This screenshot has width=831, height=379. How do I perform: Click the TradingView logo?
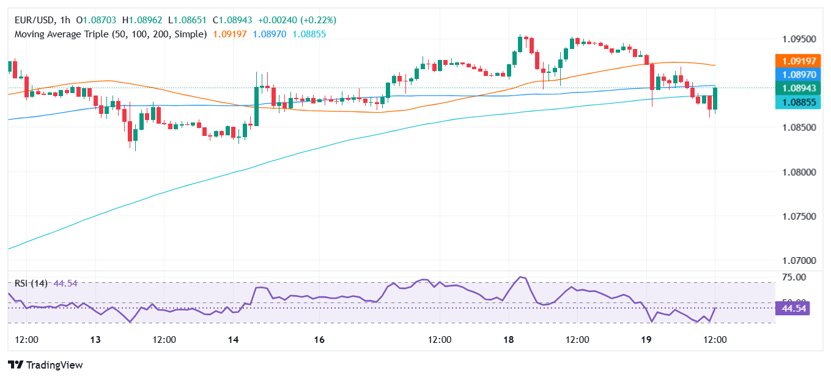coord(45,365)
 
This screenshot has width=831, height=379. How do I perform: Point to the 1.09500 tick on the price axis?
coord(798,39)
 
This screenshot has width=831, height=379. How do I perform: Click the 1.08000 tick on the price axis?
coord(798,172)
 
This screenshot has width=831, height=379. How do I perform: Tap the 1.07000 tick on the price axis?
coord(798,261)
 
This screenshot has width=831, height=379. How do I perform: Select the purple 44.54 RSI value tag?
coord(793,308)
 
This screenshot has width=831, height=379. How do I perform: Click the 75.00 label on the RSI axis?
coord(794,277)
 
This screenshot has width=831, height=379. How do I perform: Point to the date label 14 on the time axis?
coord(233,339)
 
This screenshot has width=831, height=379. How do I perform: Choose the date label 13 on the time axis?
coord(95,339)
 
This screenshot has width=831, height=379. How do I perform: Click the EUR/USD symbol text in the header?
coord(34,20)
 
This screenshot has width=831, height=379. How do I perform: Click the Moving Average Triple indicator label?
coord(110,34)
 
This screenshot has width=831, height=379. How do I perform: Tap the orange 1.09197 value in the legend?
coord(230,34)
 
